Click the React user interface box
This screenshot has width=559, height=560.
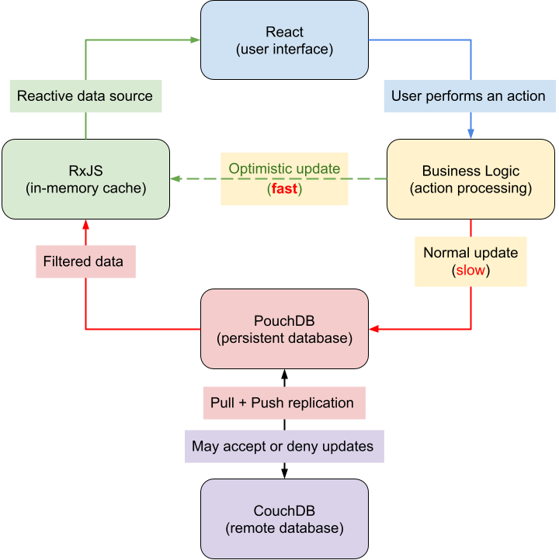284,40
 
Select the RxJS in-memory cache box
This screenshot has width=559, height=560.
85,179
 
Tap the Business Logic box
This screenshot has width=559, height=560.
470,179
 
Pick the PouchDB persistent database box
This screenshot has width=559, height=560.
284,329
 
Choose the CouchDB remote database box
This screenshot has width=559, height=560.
284,519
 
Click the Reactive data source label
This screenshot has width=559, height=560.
85,97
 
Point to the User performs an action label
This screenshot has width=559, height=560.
468,97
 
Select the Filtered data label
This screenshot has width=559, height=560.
85,261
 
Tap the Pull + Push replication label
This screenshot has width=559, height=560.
283,403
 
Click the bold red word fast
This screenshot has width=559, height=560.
284,188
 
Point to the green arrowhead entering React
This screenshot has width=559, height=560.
196,40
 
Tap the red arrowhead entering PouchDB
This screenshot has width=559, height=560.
373,329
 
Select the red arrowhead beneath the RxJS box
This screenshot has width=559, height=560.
85,223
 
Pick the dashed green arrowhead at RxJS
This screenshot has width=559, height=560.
175,179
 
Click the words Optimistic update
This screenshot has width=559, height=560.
284,169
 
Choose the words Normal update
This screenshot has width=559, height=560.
470,253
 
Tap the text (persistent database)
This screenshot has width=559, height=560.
284,338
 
